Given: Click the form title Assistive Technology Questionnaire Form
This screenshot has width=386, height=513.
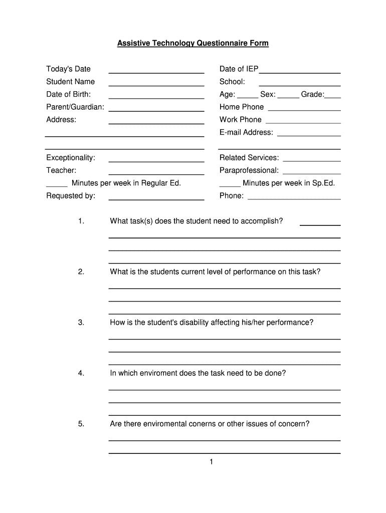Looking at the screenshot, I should click(x=193, y=44).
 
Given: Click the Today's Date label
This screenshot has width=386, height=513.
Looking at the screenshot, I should click(x=68, y=69).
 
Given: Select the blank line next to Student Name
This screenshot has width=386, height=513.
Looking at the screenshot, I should click(x=156, y=85).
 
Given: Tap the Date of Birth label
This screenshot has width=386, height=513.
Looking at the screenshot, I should click(x=68, y=94).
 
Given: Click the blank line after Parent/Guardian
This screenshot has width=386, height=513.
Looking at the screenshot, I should click(x=156, y=110).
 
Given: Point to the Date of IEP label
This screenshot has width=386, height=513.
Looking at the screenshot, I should click(x=239, y=69).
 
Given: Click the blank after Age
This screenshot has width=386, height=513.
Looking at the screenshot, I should click(x=248, y=97).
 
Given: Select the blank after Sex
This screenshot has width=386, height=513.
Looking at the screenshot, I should click(x=288, y=97).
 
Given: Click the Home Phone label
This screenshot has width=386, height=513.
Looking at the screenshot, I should click(x=241, y=107).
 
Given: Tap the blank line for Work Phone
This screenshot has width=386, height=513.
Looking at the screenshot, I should click(x=303, y=123).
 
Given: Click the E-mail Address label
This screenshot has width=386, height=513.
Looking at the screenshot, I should click(x=246, y=132).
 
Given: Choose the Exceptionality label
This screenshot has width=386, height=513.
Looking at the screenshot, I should click(x=71, y=158).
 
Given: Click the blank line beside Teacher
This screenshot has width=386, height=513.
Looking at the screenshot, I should click(x=156, y=174).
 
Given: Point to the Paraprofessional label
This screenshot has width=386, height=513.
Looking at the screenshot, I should click(x=249, y=170).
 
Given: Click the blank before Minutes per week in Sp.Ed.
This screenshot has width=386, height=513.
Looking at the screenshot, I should click(x=230, y=186).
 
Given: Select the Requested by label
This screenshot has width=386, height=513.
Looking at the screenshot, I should click(x=71, y=196).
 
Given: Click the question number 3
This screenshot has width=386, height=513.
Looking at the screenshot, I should click(x=81, y=323).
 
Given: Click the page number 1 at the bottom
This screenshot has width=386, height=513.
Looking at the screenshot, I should click(x=212, y=461).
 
